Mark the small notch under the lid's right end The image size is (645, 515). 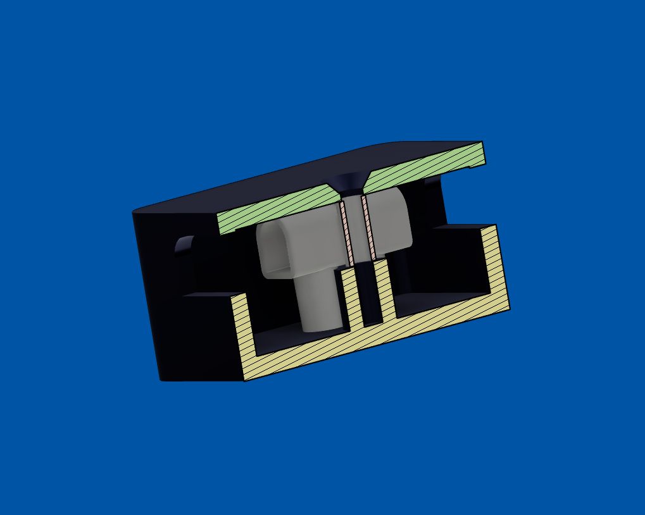click(x=477, y=168)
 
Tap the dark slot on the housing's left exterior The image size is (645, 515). click(x=184, y=247)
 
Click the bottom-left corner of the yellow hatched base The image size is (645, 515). click(x=246, y=379)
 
